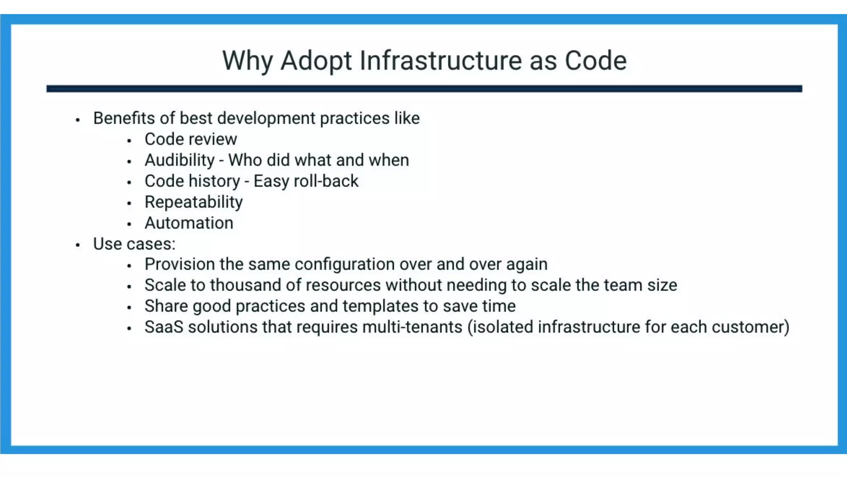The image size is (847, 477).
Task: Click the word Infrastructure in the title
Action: [x=441, y=61]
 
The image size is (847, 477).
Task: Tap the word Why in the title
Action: [x=247, y=61]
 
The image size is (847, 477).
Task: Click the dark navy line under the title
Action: [x=424, y=89]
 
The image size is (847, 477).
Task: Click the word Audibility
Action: [x=179, y=160]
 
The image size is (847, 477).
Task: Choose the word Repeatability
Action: [x=194, y=202]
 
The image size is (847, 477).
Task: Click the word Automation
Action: [x=189, y=223]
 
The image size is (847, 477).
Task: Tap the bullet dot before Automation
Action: [x=129, y=224]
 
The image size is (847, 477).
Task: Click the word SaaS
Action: [x=164, y=327]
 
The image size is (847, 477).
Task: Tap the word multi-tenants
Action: [x=412, y=327]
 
